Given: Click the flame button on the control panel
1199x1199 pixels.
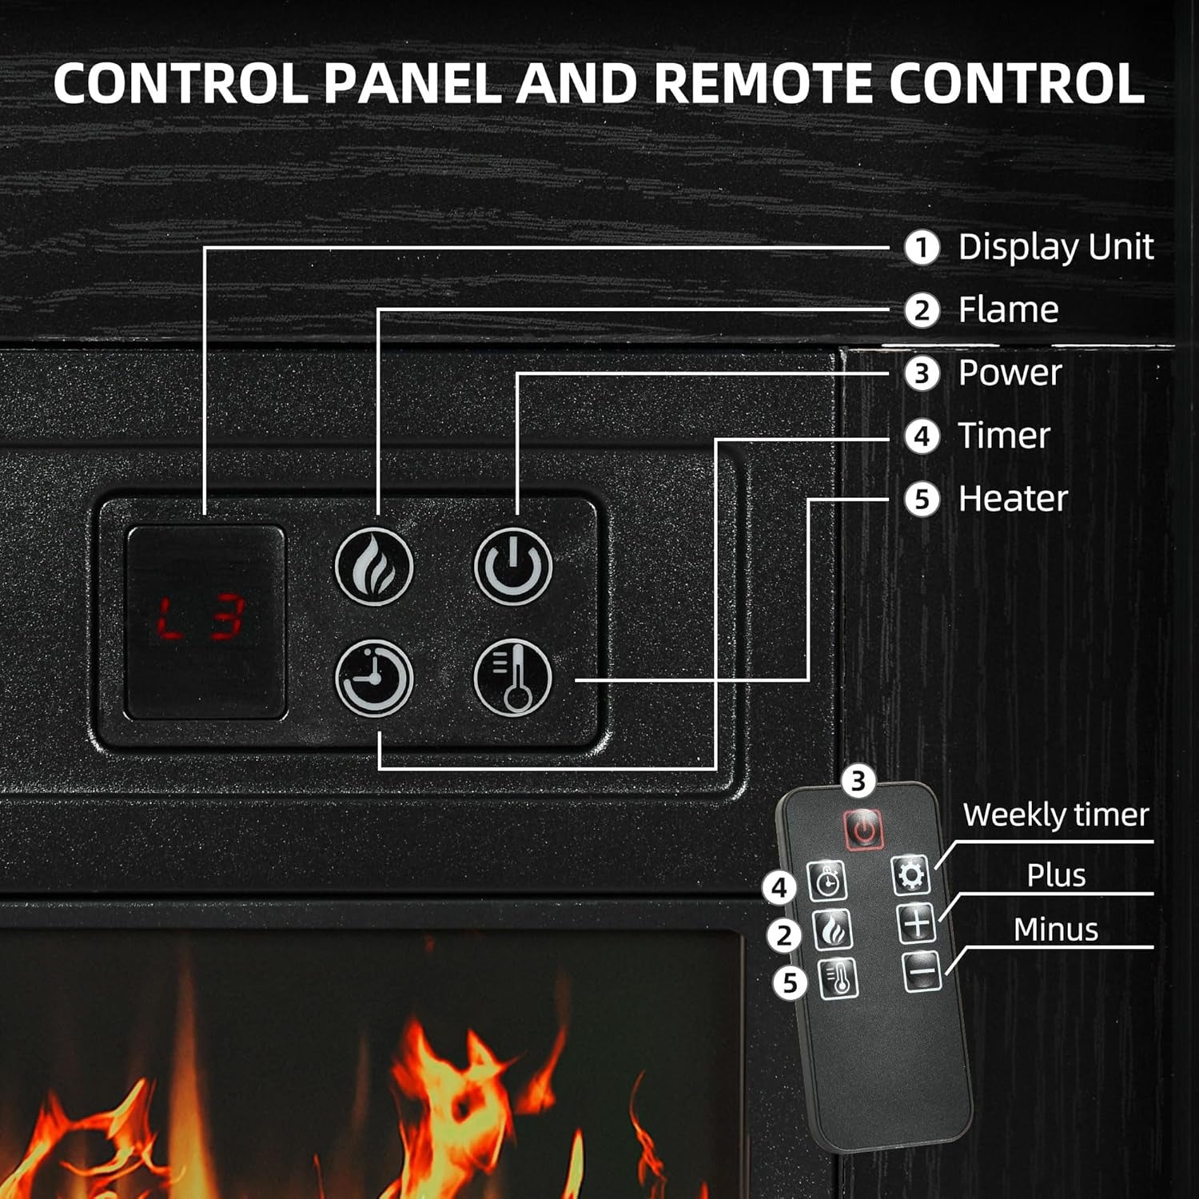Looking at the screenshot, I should (373, 565).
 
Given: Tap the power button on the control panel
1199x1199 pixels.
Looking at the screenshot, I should (513, 565).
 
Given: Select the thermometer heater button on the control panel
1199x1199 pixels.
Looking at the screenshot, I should (513, 678).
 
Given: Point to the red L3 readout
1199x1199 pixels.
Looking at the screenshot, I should (201, 619).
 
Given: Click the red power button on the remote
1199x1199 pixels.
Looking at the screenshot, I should (863, 829).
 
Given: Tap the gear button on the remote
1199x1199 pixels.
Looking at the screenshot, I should (910, 875).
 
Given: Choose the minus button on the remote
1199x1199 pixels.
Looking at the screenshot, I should (922, 972).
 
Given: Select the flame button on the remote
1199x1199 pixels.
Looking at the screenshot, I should (833, 930).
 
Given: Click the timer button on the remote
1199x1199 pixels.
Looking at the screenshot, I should (827, 882).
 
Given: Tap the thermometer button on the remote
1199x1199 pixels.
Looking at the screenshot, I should (839, 978).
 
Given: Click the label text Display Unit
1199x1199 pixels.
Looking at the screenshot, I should (1055, 247).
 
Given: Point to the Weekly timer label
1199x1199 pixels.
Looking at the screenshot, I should (1055, 815).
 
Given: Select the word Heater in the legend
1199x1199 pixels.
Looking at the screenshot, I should (1013, 499).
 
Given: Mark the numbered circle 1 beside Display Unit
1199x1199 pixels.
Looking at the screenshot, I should (922, 248).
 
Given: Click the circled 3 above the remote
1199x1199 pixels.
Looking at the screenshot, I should (858, 781).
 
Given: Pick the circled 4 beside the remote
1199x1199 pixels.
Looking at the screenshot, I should (779, 888).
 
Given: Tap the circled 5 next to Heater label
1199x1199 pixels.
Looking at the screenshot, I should (922, 500).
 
